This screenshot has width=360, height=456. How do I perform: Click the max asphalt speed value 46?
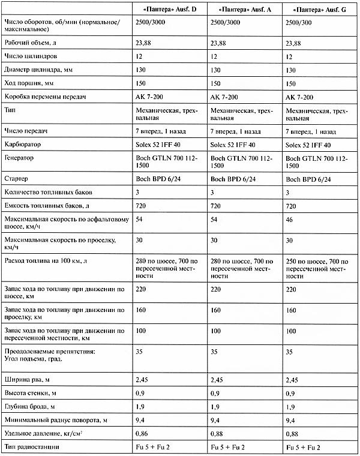click(290, 221)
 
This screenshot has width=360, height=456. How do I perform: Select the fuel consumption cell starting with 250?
click(317, 265)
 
